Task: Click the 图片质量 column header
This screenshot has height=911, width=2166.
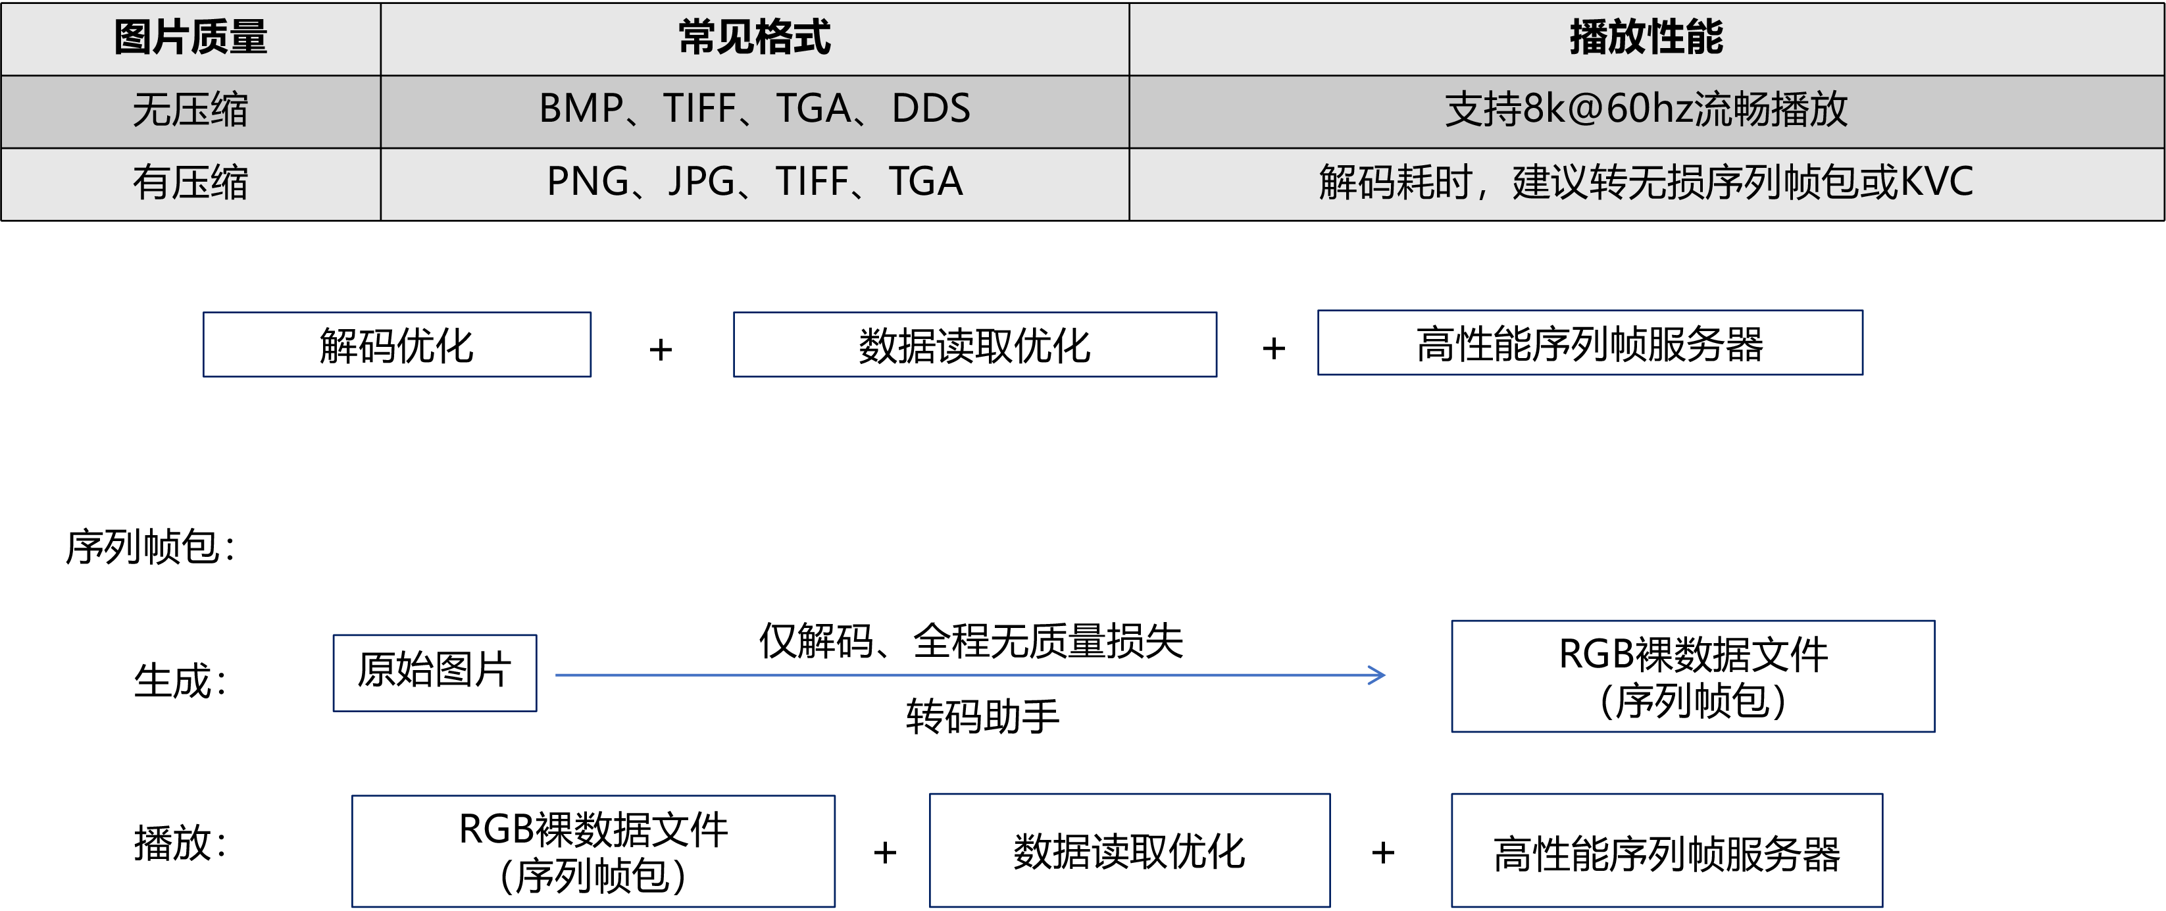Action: pos(191,38)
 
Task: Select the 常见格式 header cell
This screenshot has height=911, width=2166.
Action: pos(754,38)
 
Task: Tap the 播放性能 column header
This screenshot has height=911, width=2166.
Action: pos(1646,38)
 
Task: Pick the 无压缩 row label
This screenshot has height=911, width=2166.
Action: pos(191,110)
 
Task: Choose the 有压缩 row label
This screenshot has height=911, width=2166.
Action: pos(191,182)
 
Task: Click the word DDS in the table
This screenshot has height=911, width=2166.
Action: pos(931,109)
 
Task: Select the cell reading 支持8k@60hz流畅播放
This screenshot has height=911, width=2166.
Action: pos(1646,110)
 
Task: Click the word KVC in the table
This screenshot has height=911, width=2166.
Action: pos(1936,182)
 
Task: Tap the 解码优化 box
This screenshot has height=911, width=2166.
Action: pos(397,345)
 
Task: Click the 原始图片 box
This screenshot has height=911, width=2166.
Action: pos(435,672)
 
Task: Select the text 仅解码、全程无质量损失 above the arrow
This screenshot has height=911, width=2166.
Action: pos(971,641)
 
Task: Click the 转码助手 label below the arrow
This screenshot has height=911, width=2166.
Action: pos(982,717)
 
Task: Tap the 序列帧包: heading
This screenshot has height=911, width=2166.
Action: pos(151,548)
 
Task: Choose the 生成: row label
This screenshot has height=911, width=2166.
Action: pos(180,681)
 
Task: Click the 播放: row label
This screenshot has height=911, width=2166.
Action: pos(180,843)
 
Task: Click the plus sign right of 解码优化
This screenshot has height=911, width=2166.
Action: pos(661,349)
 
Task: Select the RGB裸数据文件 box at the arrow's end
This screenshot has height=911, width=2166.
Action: pos(1693,676)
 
